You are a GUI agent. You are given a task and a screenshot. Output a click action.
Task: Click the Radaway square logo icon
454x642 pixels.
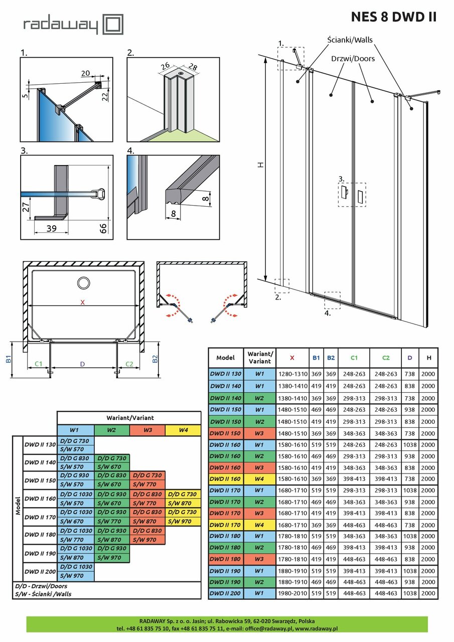112,25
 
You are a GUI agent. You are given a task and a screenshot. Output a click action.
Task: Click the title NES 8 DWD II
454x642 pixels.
393,17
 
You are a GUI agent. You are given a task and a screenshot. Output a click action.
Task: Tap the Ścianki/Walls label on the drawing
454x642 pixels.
350,40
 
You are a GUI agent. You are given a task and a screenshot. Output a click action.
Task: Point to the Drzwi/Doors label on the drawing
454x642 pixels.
353,59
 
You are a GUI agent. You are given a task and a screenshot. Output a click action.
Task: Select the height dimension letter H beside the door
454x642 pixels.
261,166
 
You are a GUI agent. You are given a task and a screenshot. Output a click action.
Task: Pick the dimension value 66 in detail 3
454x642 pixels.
102,229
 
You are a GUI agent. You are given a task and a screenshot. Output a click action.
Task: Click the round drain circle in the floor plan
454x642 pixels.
83,282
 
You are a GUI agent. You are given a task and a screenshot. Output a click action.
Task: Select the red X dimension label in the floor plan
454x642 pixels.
83,302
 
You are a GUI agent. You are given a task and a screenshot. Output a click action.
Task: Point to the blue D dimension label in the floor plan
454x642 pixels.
82,364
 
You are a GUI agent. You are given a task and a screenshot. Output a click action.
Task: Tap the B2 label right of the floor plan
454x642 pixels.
155,359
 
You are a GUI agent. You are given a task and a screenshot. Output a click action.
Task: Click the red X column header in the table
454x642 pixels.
292,358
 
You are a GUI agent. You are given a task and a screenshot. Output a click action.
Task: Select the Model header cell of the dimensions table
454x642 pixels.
225,358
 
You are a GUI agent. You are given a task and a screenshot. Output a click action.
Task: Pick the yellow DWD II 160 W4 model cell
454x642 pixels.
225,479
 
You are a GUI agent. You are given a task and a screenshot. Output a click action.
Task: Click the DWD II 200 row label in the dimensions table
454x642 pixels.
225,593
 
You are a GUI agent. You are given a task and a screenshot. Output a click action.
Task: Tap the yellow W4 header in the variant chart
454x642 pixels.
183,430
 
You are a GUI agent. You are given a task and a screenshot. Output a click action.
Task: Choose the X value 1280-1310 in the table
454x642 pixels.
292,374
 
